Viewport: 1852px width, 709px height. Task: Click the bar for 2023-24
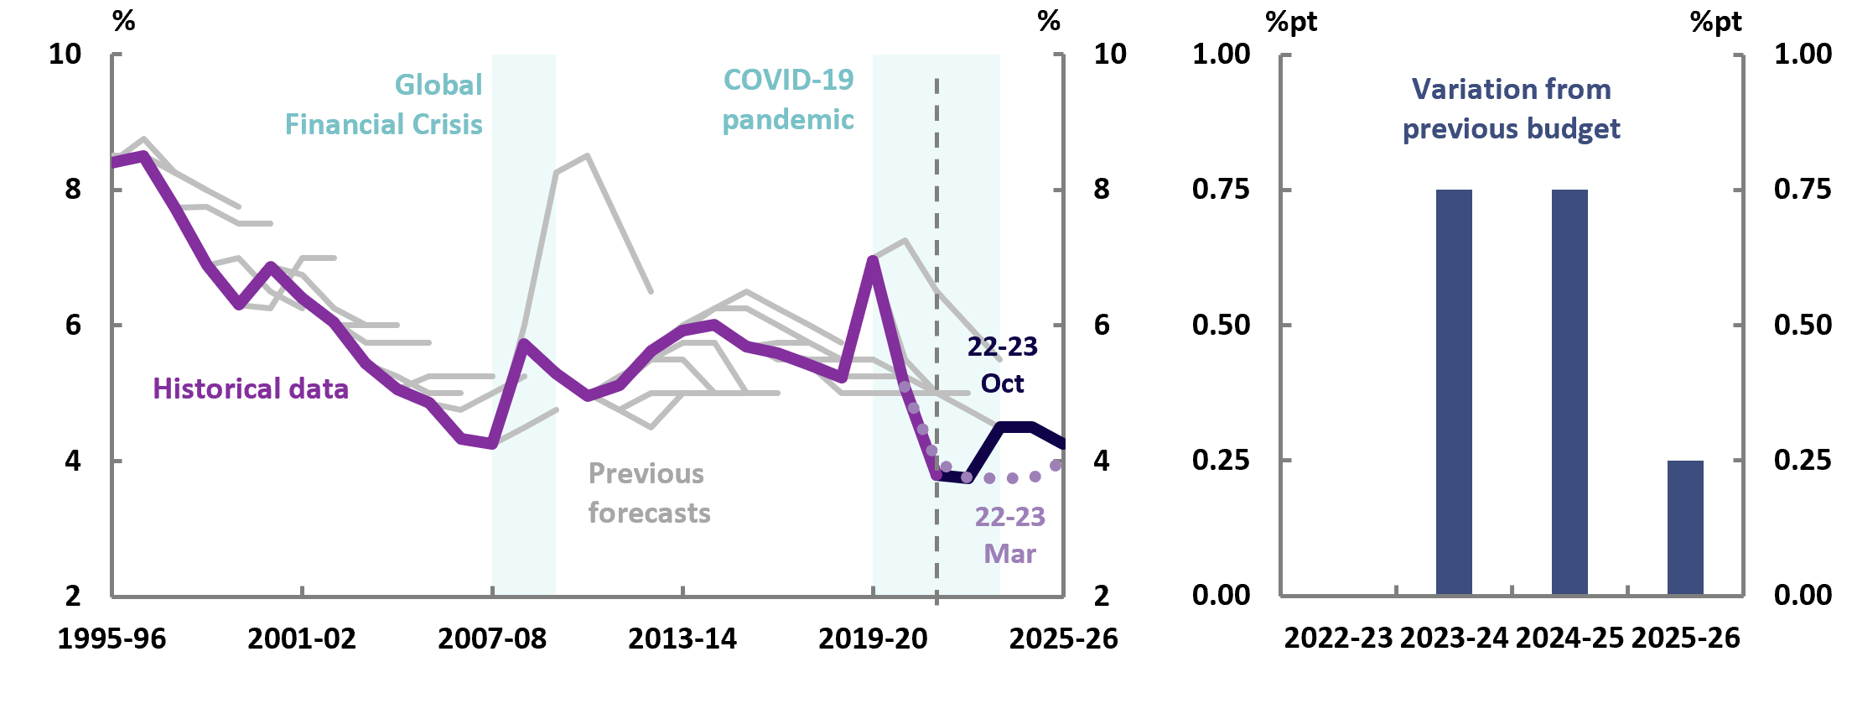[1454, 392]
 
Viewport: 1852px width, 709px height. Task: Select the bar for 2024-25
[1569, 392]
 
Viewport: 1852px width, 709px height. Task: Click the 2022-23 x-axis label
[1338, 639]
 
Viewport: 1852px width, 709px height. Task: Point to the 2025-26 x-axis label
[1685, 639]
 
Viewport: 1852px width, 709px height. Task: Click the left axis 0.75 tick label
[1221, 190]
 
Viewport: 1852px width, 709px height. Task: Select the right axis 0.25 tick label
[1803, 460]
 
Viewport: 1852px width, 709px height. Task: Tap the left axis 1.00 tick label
[1221, 55]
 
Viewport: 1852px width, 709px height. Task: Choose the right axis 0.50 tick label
[1803, 325]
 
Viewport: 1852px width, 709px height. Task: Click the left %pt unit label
[1291, 22]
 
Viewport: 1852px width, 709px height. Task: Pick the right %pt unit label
[1715, 22]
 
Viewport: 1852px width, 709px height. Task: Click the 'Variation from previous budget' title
[1511, 109]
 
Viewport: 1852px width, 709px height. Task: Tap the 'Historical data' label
[251, 388]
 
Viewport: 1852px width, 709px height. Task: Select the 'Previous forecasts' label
[649, 493]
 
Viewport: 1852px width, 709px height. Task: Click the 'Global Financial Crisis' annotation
[384, 105]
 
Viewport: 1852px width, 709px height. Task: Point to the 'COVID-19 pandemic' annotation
[788, 100]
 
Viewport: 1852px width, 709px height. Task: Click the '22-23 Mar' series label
[1009, 535]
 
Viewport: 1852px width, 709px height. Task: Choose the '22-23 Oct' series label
[1003, 365]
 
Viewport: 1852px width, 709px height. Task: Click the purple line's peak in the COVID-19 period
[873, 259]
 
